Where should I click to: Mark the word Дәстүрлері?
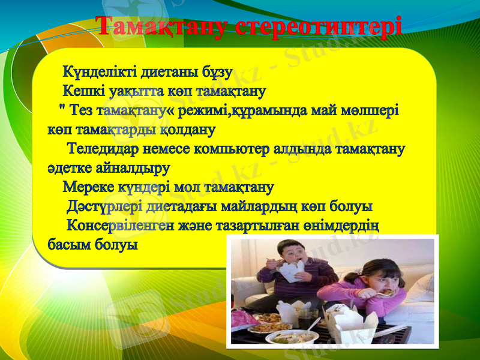(x=105, y=206)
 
